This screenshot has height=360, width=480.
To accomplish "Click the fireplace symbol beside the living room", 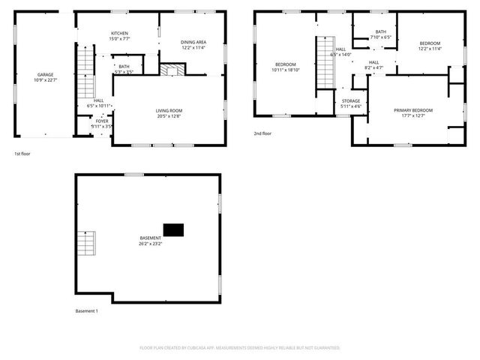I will click(x=172, y=69).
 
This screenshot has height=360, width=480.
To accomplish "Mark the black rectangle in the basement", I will click(x=174, y=229).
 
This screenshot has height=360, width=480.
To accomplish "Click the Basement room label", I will click(x=150, y=241).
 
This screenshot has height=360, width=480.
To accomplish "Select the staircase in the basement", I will click(x=87, y=244).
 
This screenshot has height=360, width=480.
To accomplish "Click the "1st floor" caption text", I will click(x=22, y=154).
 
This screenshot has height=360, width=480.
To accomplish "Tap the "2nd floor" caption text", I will click(x=262, y=133).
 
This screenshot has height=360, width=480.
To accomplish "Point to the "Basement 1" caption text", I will click(x=87, y=310).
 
